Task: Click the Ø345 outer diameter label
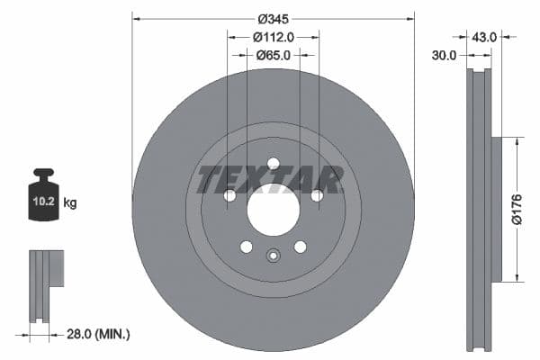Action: click(x=273, y=19)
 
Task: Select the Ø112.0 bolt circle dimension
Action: click(x=273, y=37)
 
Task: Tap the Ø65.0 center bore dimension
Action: click(x=273, y=55)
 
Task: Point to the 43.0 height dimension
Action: click(x=484, y=37)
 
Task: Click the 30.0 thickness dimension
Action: click(x=444, y=55)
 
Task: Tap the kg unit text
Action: click(x=70, y=203)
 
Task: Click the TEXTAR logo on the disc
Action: click(x=270, y=180)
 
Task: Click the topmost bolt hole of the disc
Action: click(x=273, y=163)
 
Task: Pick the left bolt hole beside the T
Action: click(x=229, y=195)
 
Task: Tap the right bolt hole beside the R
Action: click(x=317, y=195)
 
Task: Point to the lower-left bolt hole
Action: click(x=246, y=247)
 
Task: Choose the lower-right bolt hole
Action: click(x=300, y=247)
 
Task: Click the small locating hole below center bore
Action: click(x=273, y=256)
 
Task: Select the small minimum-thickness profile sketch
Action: click(x=45, y=284)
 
